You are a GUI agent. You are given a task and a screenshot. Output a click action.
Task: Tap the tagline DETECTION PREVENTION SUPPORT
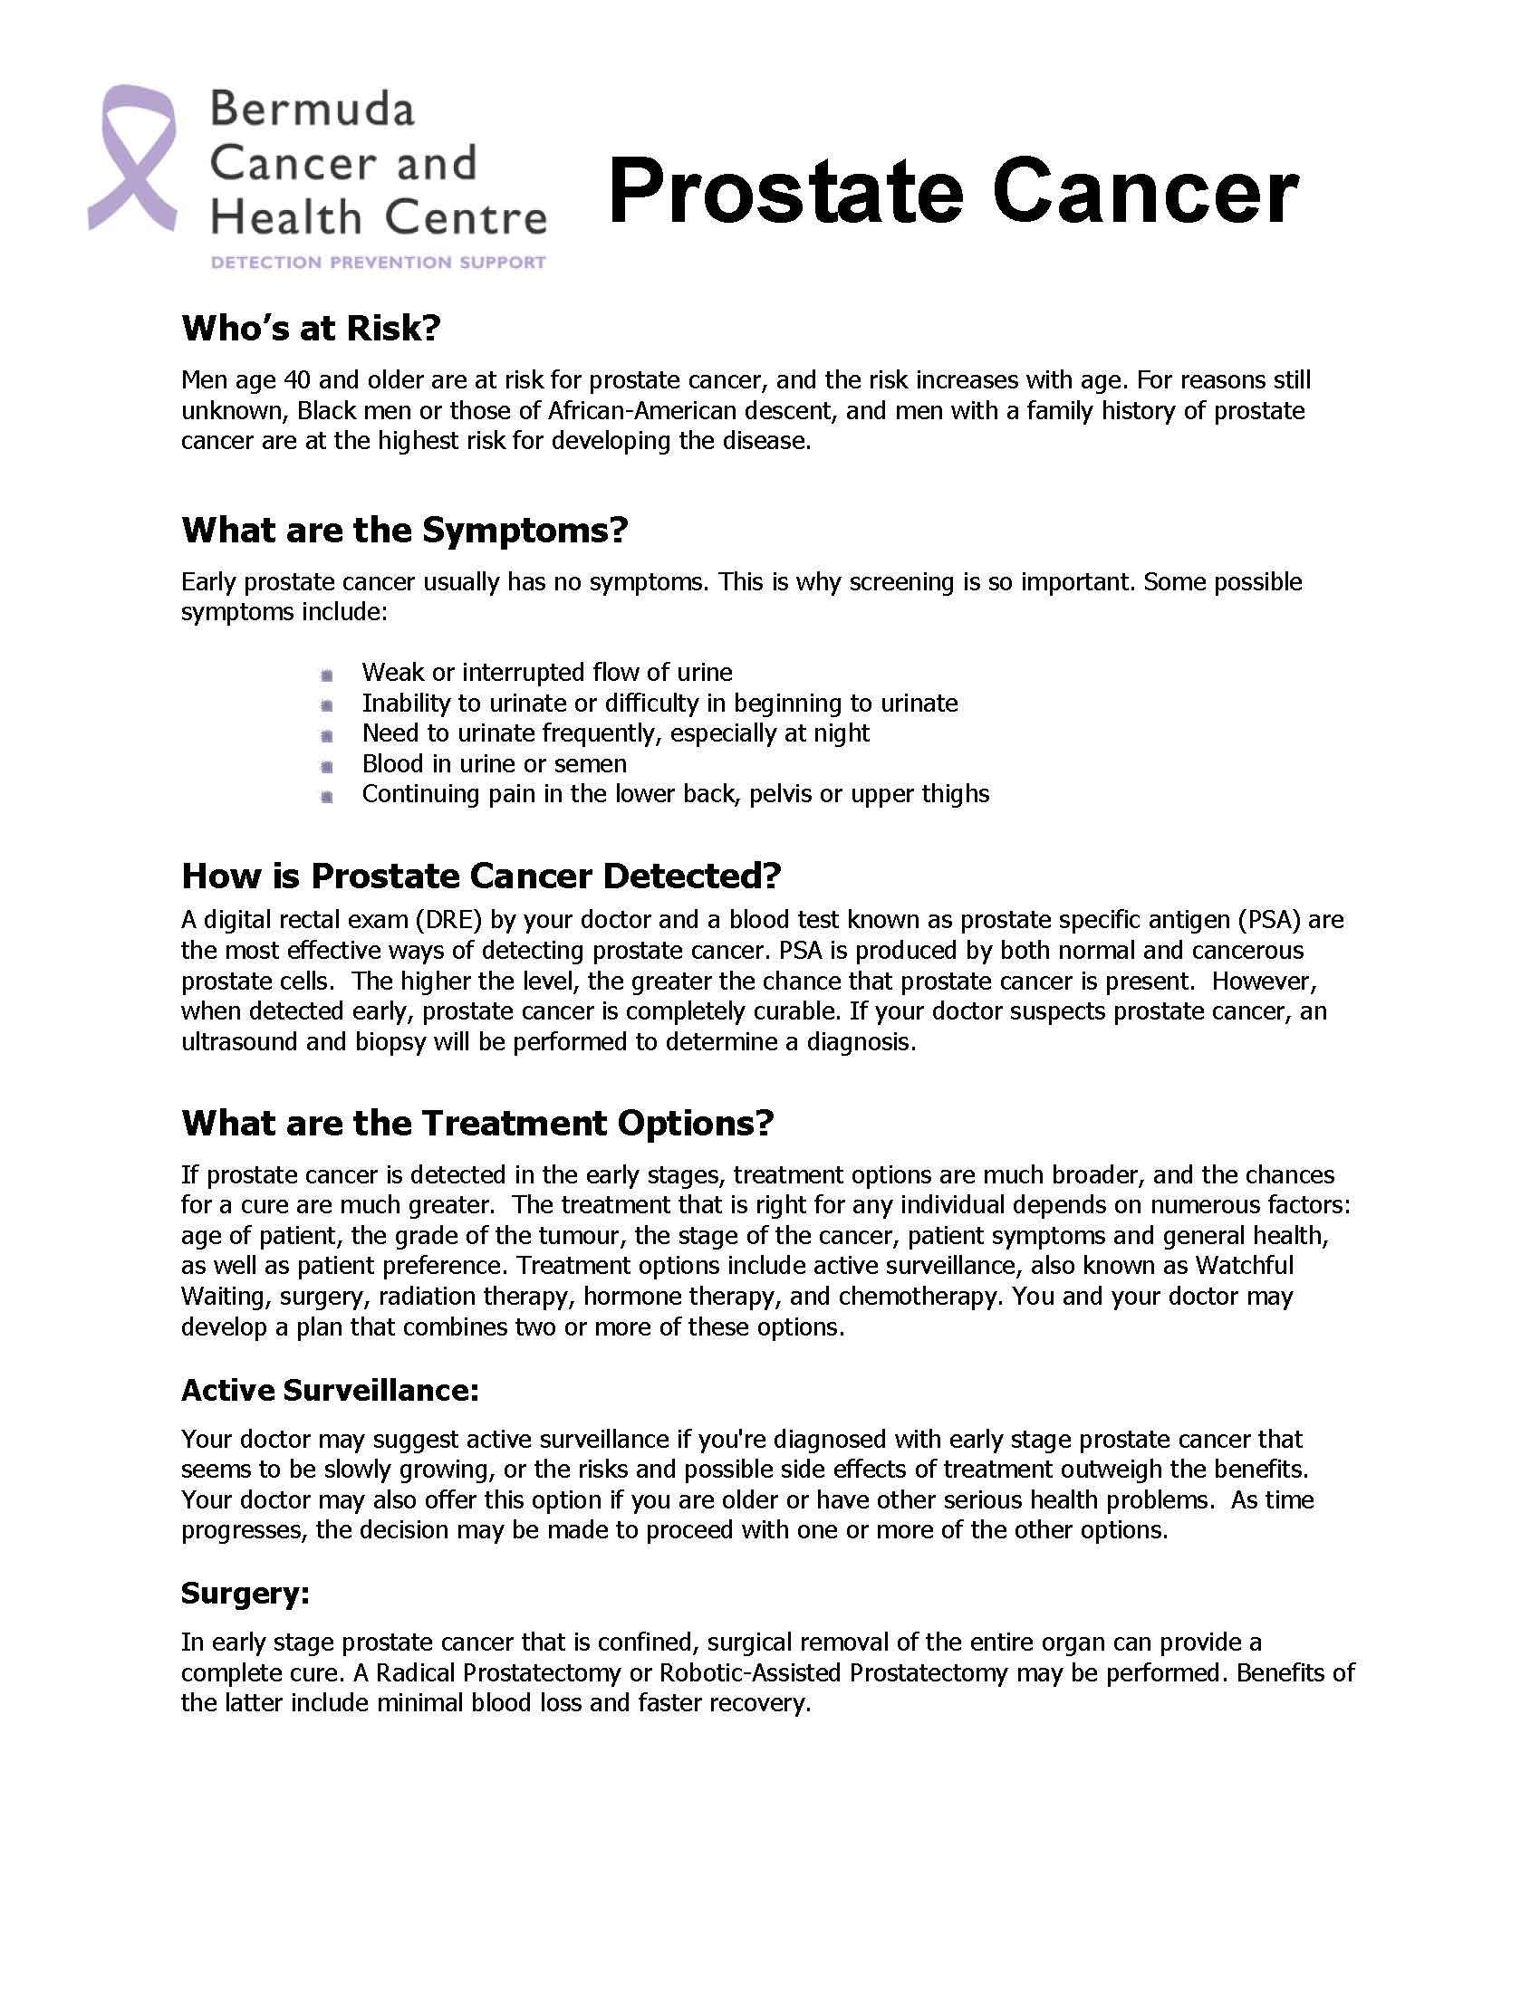[378, 263]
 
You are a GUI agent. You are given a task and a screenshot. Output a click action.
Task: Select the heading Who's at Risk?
[311, 328]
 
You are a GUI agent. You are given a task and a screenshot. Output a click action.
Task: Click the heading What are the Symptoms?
[404, 530]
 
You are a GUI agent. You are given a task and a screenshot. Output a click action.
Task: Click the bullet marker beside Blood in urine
[327, 766]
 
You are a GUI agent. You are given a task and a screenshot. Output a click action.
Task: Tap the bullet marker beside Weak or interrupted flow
[327, 675]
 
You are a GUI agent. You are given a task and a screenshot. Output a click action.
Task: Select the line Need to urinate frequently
[615, 733]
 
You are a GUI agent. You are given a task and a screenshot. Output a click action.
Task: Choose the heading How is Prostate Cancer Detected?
[481, 876]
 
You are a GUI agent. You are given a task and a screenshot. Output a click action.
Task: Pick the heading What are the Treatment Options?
[477, 1123]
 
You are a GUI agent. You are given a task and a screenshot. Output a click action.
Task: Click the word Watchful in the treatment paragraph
[1245, 1265]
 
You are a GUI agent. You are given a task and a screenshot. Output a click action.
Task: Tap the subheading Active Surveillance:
[331, 1390]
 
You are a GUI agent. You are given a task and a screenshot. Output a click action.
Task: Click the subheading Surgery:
[245, 1593]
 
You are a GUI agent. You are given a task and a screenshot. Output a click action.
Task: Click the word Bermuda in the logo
[313, 110]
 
